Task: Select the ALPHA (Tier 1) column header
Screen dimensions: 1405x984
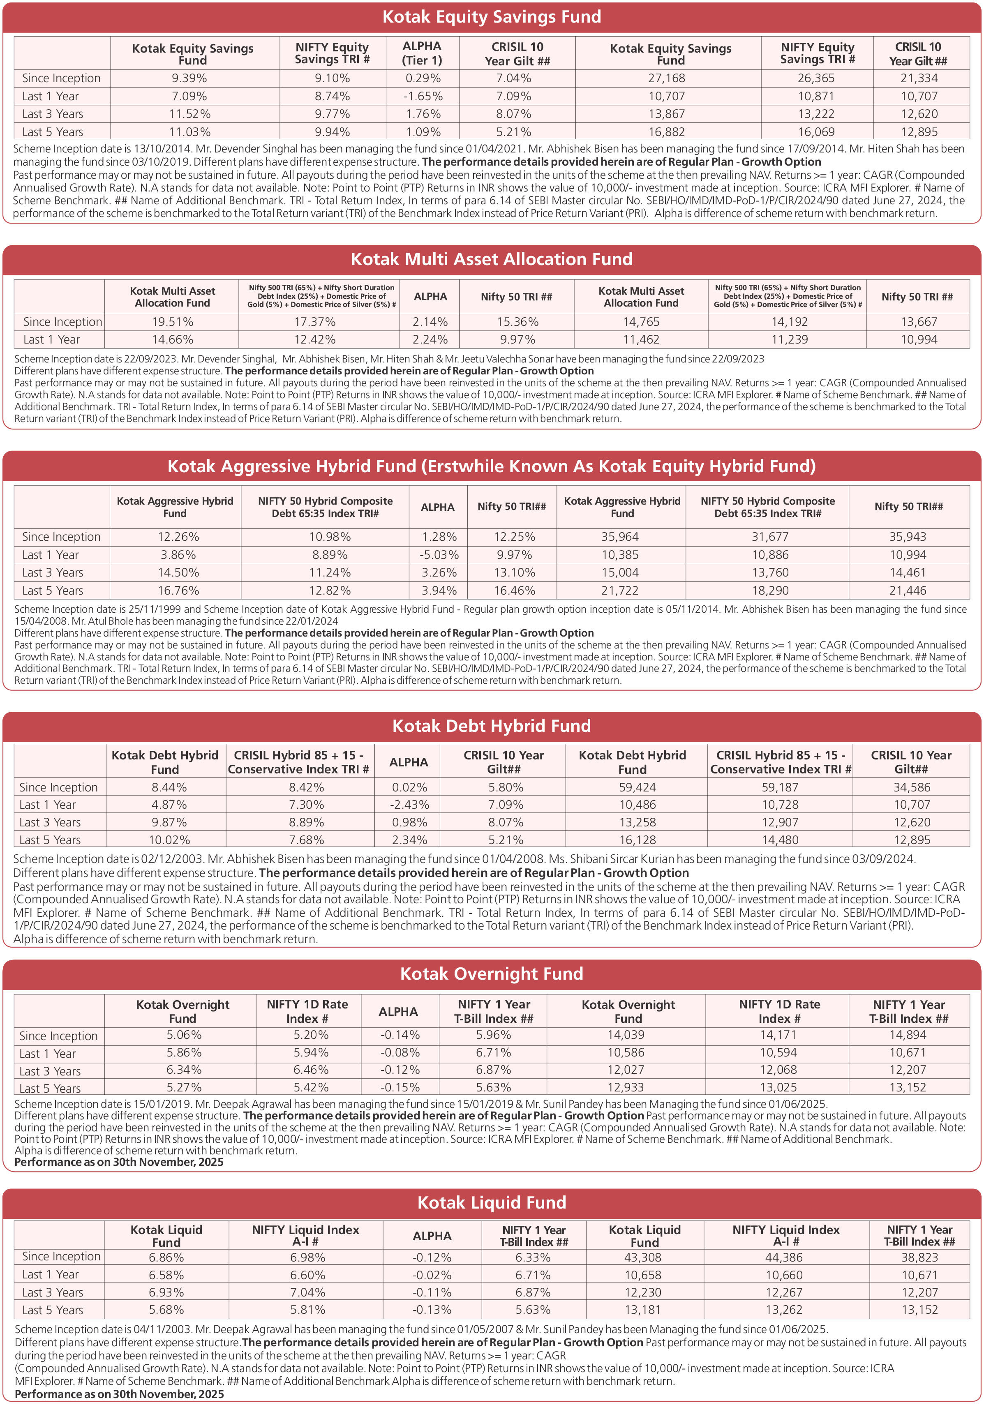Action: point(422,53)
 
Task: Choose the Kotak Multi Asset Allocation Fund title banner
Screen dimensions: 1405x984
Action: point(492,259)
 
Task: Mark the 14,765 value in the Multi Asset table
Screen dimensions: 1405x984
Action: point(641,322)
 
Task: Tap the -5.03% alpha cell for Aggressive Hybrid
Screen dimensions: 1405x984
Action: point(439,555)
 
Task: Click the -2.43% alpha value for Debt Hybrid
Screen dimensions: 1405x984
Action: point(409,805)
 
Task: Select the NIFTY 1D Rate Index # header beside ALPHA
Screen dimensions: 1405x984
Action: point(307,1012)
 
